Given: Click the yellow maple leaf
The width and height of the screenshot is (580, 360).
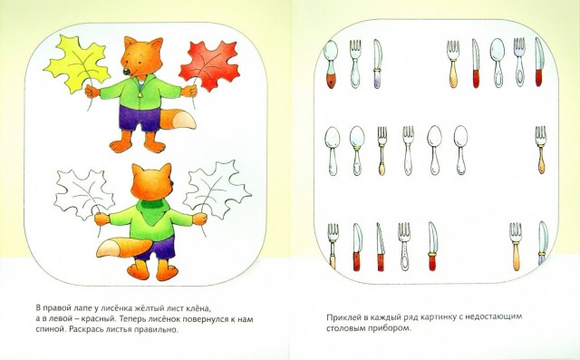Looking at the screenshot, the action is (x=78, y=63).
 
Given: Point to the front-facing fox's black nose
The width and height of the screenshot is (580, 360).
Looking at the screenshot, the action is (x=127, y=71).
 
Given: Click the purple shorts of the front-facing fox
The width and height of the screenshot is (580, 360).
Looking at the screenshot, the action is (x=139, y=117).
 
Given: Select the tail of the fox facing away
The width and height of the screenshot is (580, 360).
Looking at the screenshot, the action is (x=122, y=248).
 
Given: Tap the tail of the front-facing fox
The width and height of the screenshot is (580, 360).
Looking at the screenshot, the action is (x=179, y=119).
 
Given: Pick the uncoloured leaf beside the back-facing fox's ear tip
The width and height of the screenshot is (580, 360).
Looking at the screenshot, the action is (x=217, y=189).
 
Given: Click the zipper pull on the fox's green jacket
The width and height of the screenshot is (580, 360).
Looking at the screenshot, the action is (x=140, y=95).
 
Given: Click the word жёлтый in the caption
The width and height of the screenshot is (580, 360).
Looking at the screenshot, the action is (x=165, y=307).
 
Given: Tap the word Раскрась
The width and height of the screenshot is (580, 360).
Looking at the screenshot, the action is (x=85, y=329).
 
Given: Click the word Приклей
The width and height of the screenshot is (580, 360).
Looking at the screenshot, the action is (x=342, y=317).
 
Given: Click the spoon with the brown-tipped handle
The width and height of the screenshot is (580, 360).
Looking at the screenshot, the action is (x=331, y=63).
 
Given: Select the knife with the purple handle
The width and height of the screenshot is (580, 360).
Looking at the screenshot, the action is (x=377, y=63).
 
